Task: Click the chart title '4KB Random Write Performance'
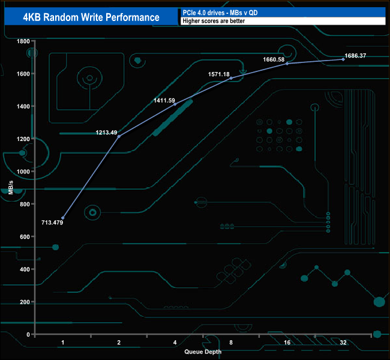(x=91, y=17)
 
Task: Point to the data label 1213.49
(x=106, y=132)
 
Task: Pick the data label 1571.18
(x=219, y=74)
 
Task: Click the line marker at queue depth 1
(x=63, y=218)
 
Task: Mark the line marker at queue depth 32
(x=343, y=59)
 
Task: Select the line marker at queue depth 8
(x=231, y=78)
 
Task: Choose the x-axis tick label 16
(x=287, y=342)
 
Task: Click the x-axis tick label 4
(x=175, y=342)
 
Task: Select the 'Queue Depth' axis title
(x=203, y=352)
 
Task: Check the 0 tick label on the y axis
(x=28, y=334)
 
